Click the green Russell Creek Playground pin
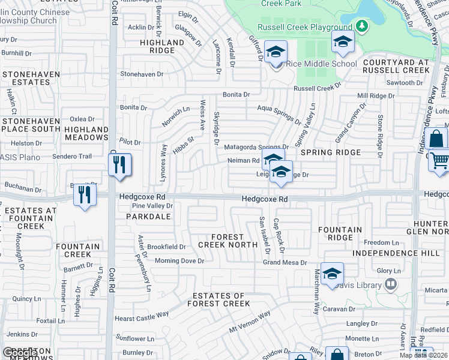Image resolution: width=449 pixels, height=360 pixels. (x=361, y=26)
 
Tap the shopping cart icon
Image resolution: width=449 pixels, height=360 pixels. (x=440, y=161)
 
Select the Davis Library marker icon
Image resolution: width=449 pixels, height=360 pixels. (x=391, y=283)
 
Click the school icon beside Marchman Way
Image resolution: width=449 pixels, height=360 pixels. (x=332, y=274)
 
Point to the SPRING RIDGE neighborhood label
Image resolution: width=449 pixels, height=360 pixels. (x=331, y=152)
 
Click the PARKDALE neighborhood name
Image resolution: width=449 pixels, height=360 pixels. (x=145, y=217)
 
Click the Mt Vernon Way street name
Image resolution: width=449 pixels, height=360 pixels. (x=250, y=322)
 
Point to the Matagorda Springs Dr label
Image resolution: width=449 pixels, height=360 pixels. (x=256, y=147)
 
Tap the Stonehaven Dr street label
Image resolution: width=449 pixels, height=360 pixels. (x=142, y=74)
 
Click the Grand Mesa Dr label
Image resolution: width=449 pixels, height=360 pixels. (x=285, y=262)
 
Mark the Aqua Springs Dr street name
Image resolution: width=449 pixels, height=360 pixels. (x=278, y=111)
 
